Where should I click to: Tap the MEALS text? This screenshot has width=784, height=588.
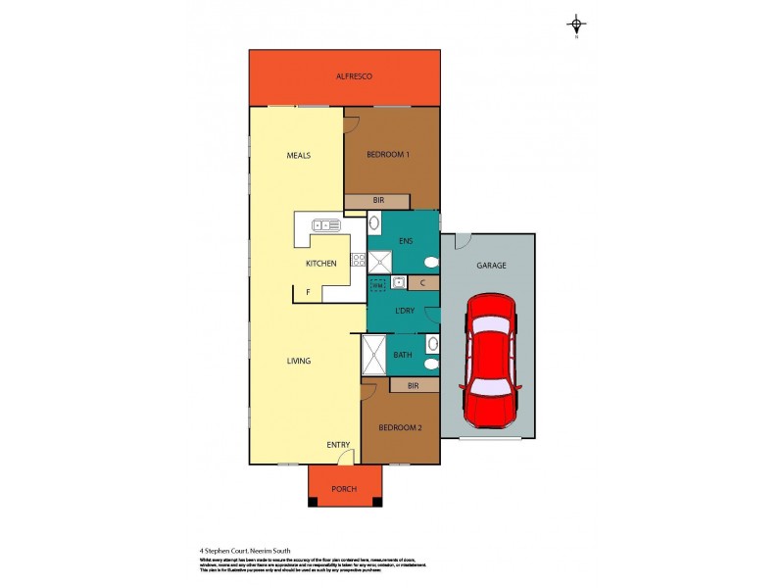click(299, 155)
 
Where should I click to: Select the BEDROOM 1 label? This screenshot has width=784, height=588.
click(387, 155)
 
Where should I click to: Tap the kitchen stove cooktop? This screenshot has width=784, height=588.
click(359, 260)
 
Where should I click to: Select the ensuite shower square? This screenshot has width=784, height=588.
click(380, 262)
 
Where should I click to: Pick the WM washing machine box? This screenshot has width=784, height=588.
click(378, 284)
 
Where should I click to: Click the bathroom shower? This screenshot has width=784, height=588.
click(373, 355)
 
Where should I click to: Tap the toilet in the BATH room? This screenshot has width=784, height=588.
click(431, 364)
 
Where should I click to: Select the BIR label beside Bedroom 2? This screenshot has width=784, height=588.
click(413, 386)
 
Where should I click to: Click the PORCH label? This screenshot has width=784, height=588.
click(344, 489)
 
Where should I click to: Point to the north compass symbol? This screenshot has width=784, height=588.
click(576, 25)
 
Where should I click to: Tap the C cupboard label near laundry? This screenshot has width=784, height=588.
click(421, 283)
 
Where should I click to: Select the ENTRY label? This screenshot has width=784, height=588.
click(338, 446)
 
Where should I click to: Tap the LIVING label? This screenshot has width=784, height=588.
click(299, 361)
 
